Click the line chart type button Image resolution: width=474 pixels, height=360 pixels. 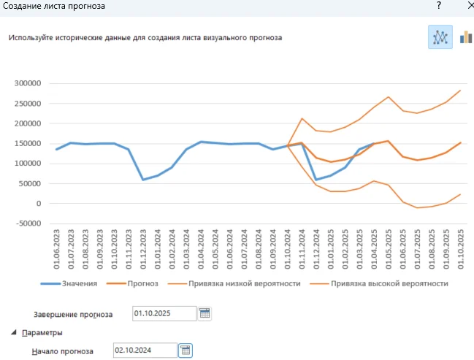coord(440,37)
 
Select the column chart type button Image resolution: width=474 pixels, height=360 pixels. coord(465,37)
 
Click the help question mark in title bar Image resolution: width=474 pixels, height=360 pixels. coord(438,6)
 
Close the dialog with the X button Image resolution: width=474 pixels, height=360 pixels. coord(465,6)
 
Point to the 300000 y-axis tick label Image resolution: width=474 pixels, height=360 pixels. coord(29,83)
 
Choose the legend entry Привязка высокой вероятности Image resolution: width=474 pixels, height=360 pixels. coord(389,283)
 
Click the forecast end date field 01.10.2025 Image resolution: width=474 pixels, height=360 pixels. coord(164,314)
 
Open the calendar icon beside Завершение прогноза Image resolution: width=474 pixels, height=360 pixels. coord(204,314)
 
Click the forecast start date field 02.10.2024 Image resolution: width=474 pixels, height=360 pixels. coord(144,351)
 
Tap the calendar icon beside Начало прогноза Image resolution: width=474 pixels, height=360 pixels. coord(186,351)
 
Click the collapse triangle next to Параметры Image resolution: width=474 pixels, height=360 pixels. coord(15,333)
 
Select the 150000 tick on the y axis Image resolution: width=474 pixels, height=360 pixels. coord(29,143)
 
